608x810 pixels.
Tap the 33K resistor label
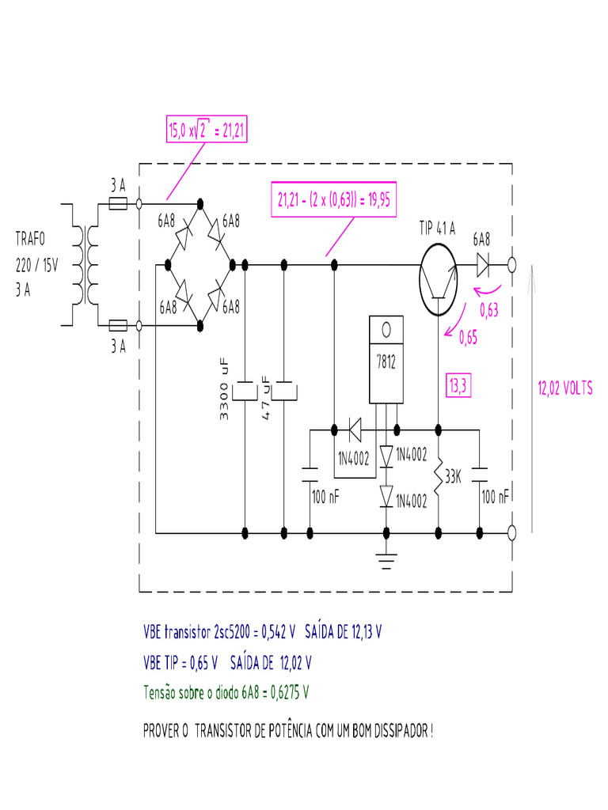452,477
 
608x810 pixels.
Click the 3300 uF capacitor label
224,389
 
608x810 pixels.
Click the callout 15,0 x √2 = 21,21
207,131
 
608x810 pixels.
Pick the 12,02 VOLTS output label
564,388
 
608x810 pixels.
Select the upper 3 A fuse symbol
118,204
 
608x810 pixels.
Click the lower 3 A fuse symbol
118,325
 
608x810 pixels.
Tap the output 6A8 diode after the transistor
482,264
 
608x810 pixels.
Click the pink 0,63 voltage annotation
489,311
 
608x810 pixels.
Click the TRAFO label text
31,239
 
